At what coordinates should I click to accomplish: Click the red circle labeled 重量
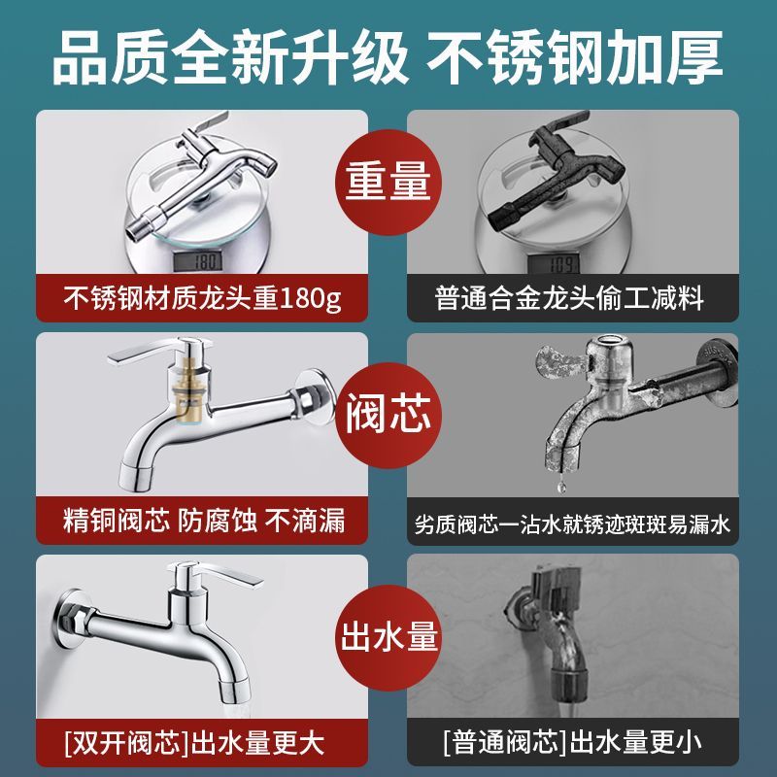click(x=388, y=182)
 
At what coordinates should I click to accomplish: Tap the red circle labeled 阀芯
click(x=388, y=415)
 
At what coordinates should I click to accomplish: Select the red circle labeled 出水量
click(x=388, y=638)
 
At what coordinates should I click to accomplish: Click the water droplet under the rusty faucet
click(x=561, y=487)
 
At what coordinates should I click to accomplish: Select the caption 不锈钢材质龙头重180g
click(x=202, y=298)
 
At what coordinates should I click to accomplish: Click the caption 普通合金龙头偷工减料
click(x=569, y=298)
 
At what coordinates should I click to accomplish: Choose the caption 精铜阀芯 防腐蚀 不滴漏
click(x=204, y=521)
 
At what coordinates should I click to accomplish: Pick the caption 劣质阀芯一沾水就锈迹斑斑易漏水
click(x=572, y=524)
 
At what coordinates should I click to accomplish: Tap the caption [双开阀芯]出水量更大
click(x=194, y=742)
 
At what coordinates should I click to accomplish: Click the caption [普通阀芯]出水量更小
click(x=572, y=742)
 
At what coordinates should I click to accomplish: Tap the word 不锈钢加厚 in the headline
click(x=575, y=57)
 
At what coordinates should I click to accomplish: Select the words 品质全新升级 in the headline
click(x=230, y=57)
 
